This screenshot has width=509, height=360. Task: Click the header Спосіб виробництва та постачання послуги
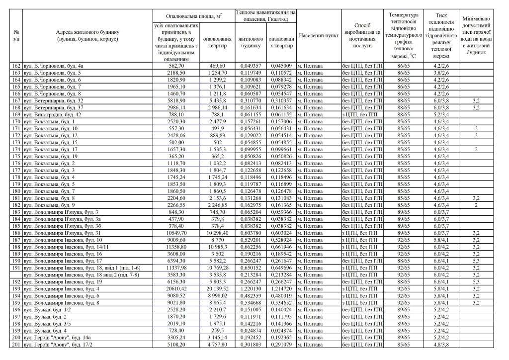click(362, 36)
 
